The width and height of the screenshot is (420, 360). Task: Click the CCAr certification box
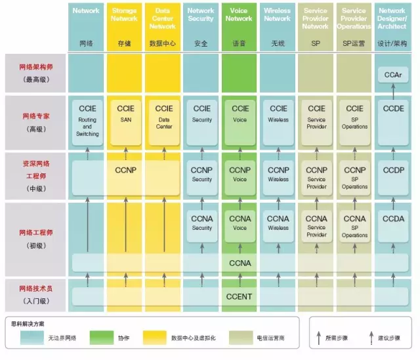tap(392, 76)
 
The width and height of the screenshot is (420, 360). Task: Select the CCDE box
tap(392, 120)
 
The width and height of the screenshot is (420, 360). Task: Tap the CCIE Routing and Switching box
tap(87, 120)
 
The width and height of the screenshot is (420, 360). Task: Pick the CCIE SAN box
tap(125, 120)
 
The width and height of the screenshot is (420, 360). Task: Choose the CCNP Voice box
tap(240, 174)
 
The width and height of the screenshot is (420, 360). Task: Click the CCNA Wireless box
tap(278, 223)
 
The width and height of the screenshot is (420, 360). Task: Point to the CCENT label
tap(240, 297)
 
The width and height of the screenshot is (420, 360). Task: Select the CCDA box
tap(392, 223)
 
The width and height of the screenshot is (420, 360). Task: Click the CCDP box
tap(392, 174)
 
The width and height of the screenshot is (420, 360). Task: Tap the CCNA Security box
tap(201, 223)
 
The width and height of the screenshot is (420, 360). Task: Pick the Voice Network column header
tap(240, 15)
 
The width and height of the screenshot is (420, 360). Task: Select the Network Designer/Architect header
tap(392, 18)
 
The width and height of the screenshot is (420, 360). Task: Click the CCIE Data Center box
tap(163, 120)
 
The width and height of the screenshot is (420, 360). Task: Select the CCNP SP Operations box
tap(354, 174)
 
